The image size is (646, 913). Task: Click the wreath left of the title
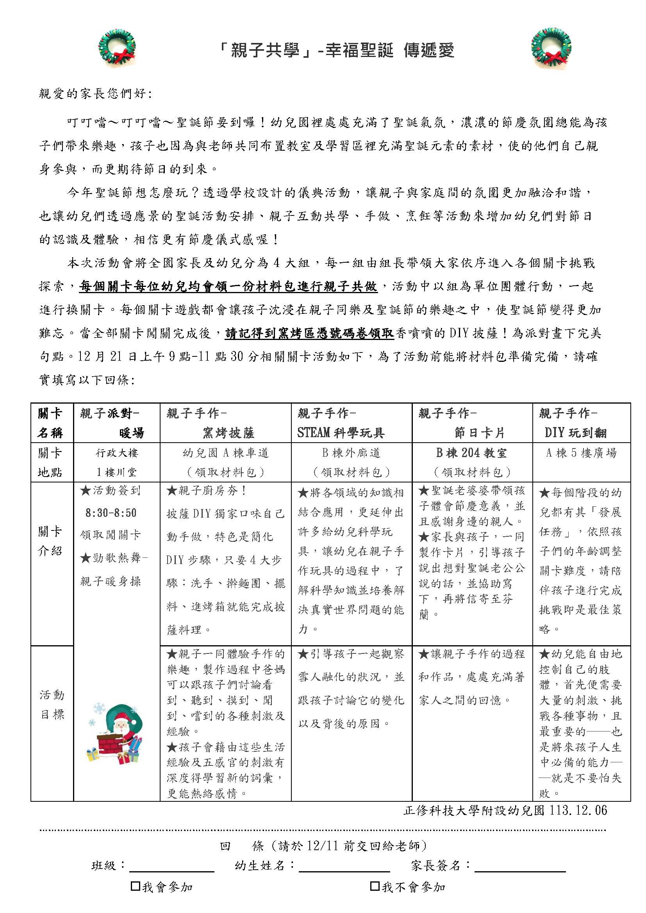click(116, 47)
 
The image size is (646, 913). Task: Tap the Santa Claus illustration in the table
click(115, 732)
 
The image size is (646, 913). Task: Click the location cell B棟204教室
click(471, 453)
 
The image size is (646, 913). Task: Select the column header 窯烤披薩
click(228, 433)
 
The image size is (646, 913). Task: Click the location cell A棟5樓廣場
click(581, 453)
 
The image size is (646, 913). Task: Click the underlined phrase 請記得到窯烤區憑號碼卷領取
click(309, 333)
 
